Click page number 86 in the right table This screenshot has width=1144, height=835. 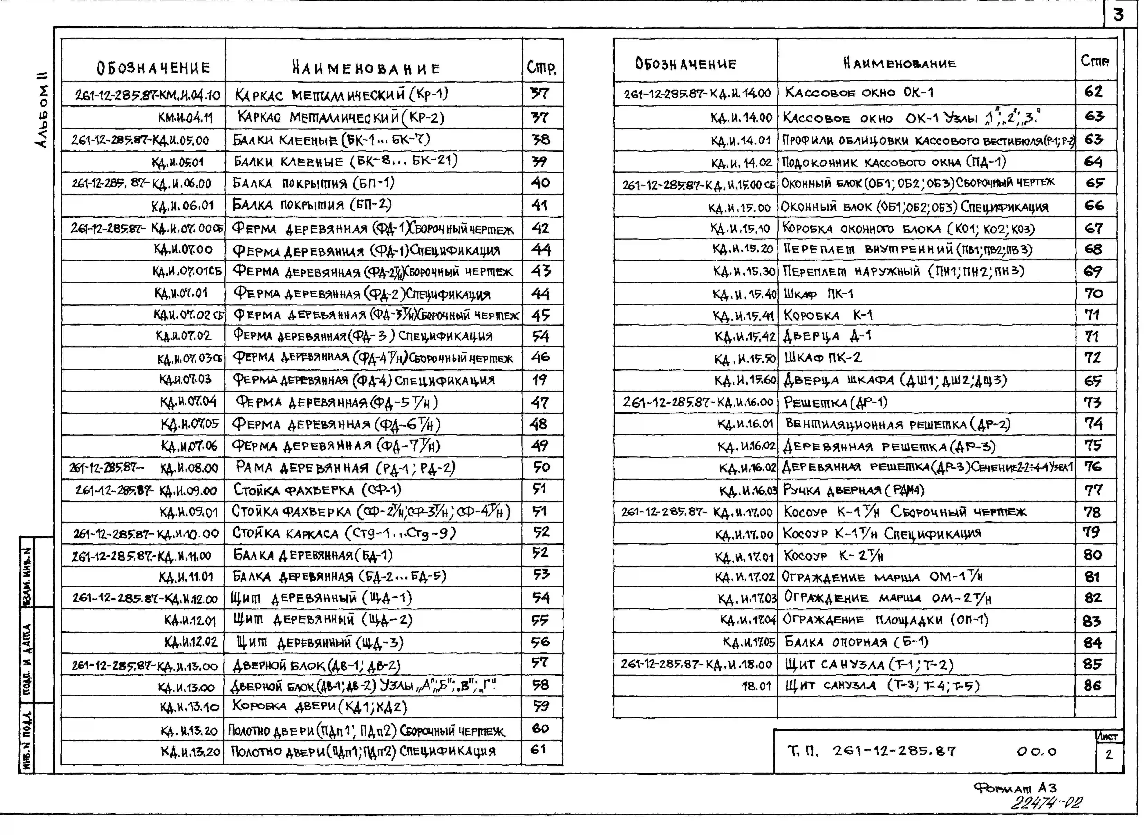click(1092, 686)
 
